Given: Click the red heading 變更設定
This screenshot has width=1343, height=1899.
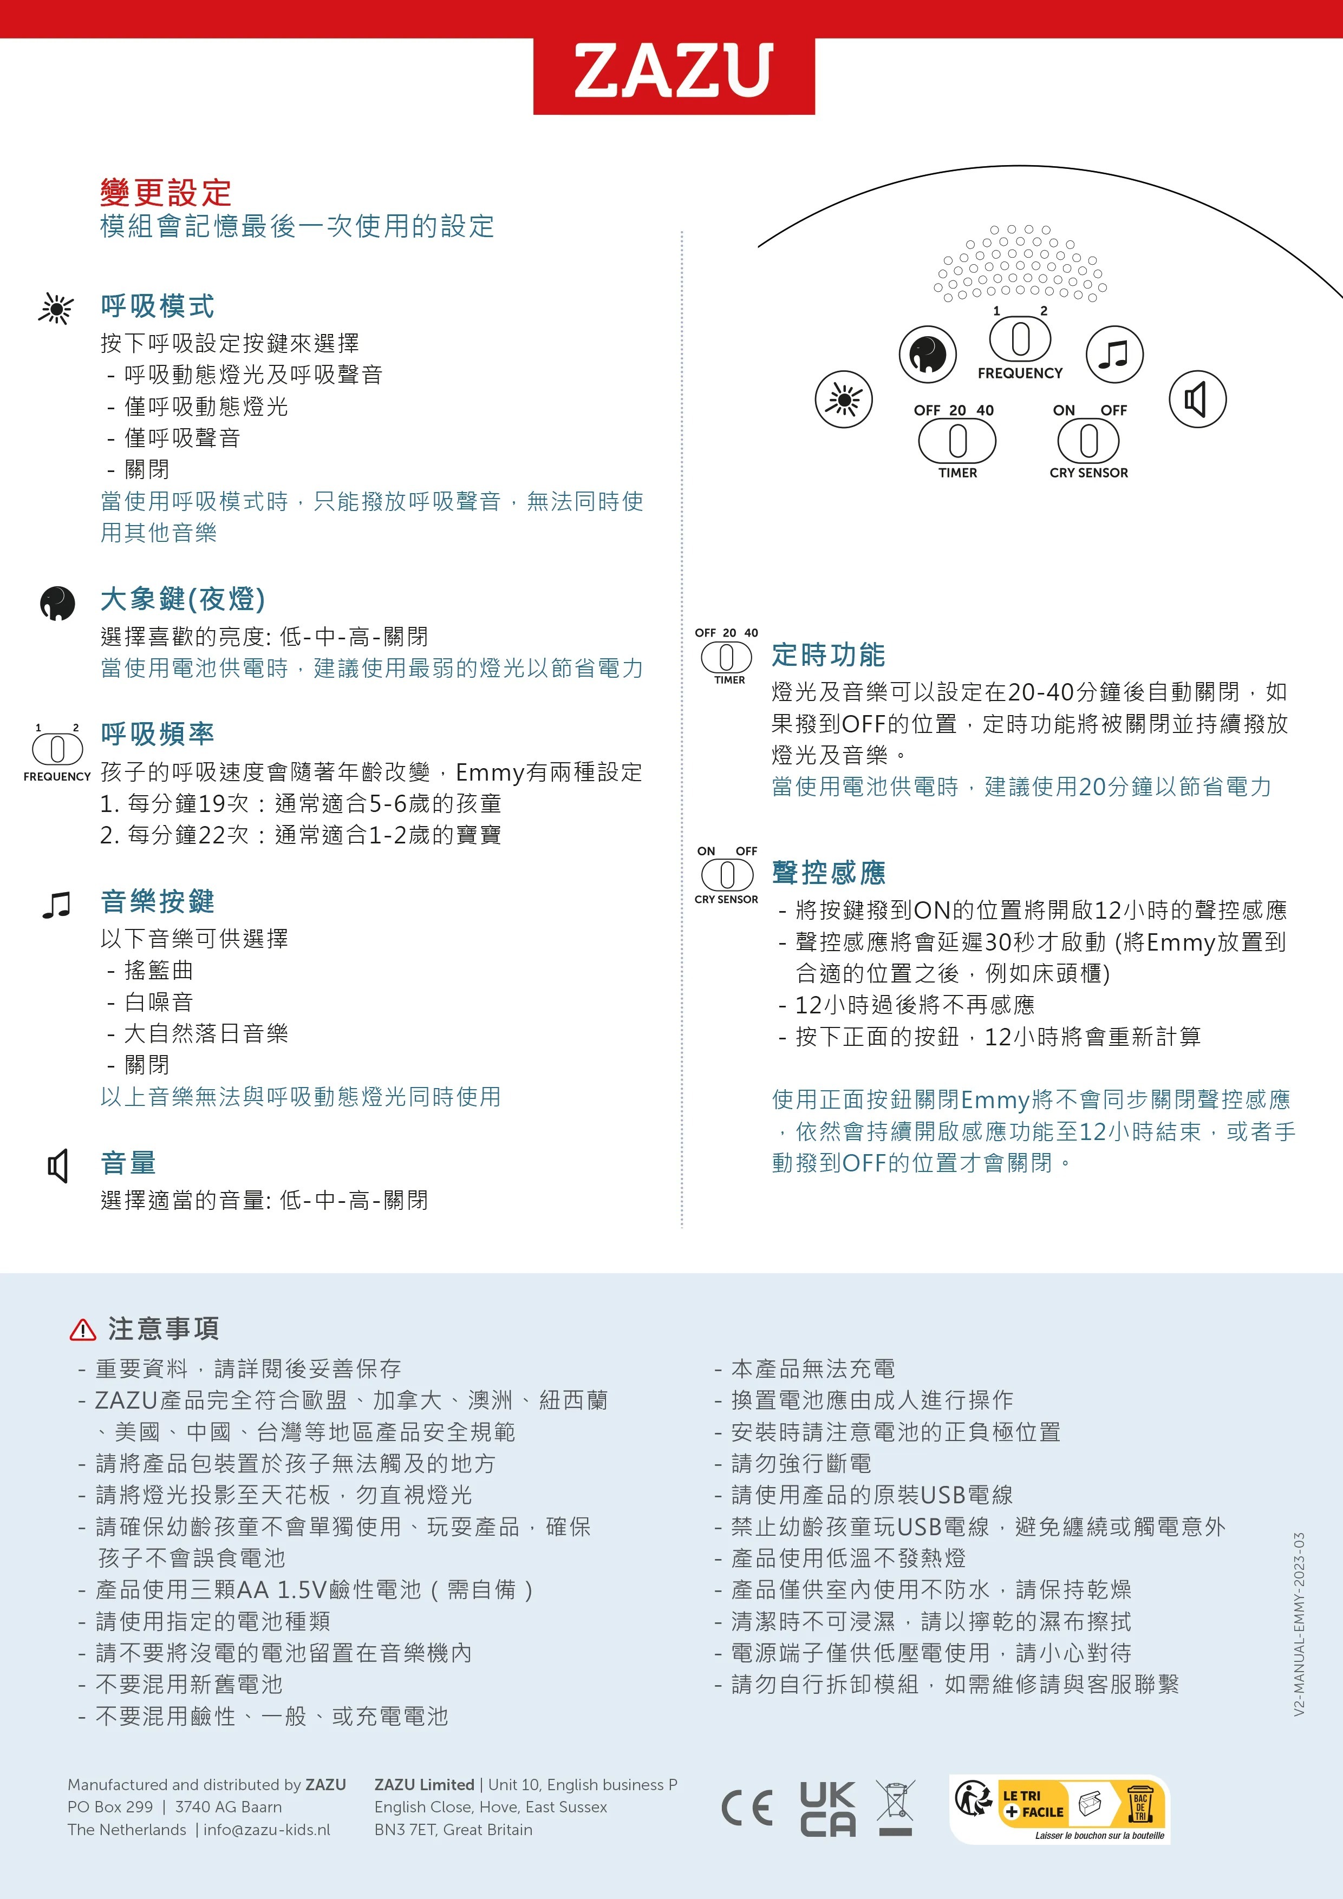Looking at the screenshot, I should point(166,193).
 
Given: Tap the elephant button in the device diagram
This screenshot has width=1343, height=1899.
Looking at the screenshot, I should point(928,354).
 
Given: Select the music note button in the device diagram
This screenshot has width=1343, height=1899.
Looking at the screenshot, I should point(1114,354).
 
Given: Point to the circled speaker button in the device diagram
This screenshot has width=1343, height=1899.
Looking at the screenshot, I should point(1197,400).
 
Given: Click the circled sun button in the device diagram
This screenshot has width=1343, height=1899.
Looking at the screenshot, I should point(843,400).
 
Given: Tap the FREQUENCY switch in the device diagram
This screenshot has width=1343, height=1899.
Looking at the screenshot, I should point(1020,339).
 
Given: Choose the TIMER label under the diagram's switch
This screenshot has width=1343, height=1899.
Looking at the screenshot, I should point(957,473).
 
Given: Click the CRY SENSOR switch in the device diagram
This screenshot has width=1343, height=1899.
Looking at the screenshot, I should point(1088,440).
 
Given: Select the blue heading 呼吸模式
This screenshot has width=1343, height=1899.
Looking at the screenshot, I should point(157,306).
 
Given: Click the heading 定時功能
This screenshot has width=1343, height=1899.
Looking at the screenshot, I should point(829,655).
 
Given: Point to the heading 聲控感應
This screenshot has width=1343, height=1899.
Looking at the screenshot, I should point(829,873).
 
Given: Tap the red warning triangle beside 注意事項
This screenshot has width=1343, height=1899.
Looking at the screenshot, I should point(83,1330).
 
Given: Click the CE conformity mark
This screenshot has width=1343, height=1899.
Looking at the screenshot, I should point(747,1808).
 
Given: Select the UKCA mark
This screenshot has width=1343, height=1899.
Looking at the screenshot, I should point(827,1808).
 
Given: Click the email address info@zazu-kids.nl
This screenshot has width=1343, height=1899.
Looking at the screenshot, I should point(266,1830).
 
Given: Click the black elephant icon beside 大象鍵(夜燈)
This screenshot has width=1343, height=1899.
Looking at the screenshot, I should point(57,603).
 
